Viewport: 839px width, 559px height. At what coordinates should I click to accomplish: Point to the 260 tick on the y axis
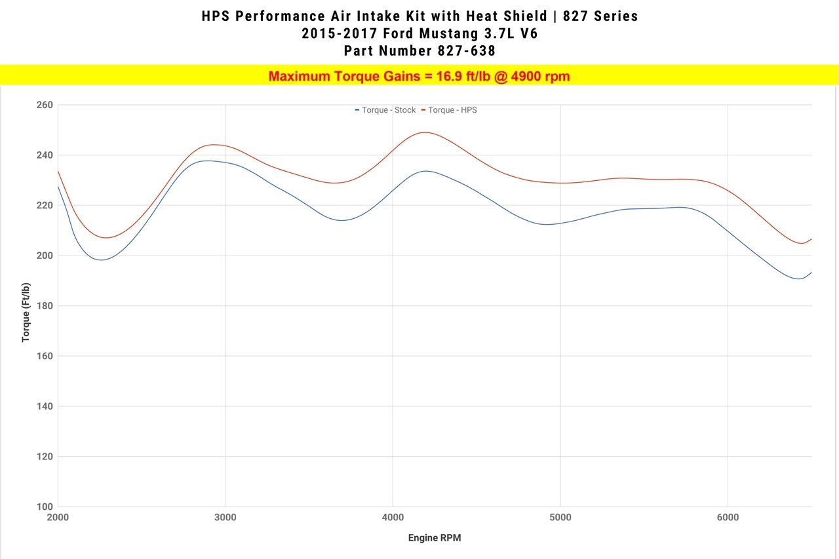(44, 105)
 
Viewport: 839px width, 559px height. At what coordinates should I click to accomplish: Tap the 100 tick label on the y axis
(44, 507)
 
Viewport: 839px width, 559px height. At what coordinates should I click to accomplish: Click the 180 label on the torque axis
(44, 306)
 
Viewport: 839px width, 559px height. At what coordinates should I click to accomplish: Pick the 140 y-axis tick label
(44, 406)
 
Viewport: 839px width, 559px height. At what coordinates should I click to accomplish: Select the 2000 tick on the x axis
(58, 518)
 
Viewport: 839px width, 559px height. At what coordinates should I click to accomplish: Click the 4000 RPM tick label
(393, 518)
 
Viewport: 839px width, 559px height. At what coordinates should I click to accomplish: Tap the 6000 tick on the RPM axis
(728, 518)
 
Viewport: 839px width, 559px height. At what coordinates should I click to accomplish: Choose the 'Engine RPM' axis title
(435, 538)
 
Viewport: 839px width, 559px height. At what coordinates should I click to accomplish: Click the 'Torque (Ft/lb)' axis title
(26, 312)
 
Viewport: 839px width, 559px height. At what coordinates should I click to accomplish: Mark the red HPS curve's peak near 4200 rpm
(425, 132)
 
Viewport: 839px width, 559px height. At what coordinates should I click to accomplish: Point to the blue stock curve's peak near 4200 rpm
(426, 171)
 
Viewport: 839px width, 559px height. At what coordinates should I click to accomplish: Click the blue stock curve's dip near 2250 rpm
(102, 260)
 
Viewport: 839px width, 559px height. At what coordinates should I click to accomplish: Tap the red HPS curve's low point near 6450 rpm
(801, 243)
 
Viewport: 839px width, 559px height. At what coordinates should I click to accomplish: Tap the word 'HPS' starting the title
(216, 16)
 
